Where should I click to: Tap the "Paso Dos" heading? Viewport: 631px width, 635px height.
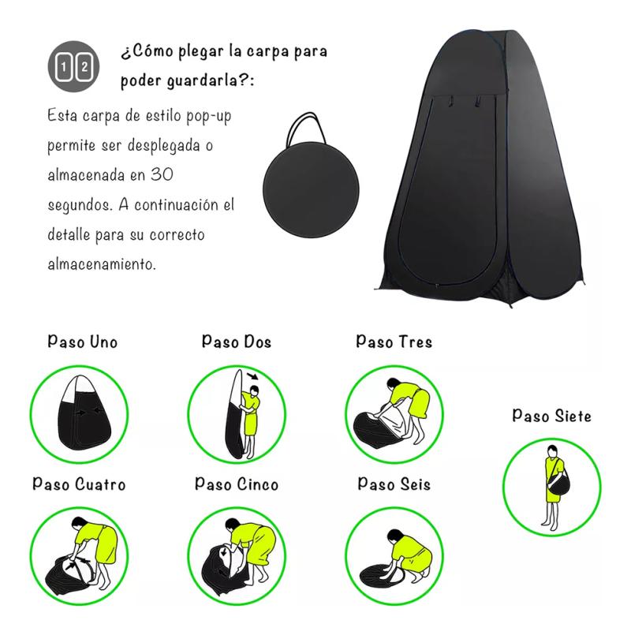[x=237, y=342]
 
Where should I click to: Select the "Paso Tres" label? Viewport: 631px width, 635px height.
[x=394, y=342]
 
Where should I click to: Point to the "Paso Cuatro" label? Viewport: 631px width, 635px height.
[x=79, y=484]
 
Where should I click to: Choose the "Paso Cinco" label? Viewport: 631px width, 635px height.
[x=237, y=484]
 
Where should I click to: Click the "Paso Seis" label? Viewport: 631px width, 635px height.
[x=394, y=484]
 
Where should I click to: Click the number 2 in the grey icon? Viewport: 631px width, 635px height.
[x=84, y=66]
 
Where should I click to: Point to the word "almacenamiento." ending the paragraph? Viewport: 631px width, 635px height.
[x=101, y=263]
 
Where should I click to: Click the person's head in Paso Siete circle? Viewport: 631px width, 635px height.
[x=553, y=451]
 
